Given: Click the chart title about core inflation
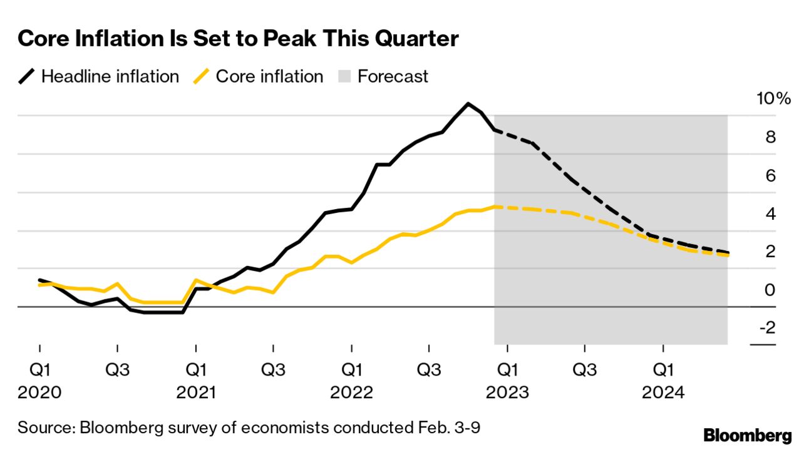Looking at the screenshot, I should click(x=239, y=39).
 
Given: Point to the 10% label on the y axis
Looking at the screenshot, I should click(x=775, y=99).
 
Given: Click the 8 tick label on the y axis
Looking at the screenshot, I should click(x=770, y=137).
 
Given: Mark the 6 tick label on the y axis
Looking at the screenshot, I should click(x=770, y=176).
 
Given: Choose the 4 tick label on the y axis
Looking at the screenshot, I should click(x=770, y=214).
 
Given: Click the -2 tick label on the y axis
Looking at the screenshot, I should click(x=767, y=328).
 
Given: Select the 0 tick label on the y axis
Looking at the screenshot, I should click(x=770, y=290).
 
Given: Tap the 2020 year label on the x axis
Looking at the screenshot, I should click(x=39, y=393).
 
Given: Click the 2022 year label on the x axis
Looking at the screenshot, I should click(x=351, y=393).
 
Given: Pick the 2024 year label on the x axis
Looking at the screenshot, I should click(x=662, y=393).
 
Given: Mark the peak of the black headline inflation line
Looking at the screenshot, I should click(x=468, y=103).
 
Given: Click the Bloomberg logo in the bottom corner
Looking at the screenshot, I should click(x=748, y=436).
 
